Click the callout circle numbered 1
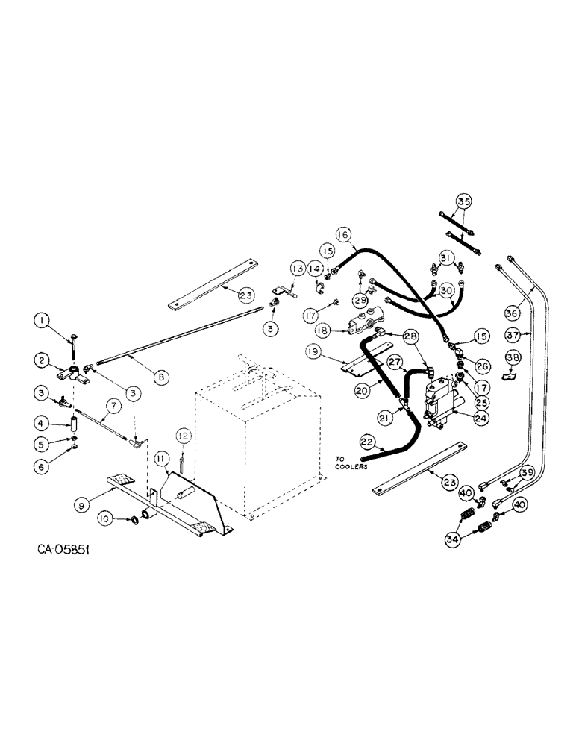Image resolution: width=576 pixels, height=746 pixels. tap(44, 321)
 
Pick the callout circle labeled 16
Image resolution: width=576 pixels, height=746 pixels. tap(342, 234)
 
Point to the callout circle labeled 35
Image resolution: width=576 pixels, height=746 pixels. tap(463, 201)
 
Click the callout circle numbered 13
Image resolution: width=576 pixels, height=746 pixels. tap(298, 267)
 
